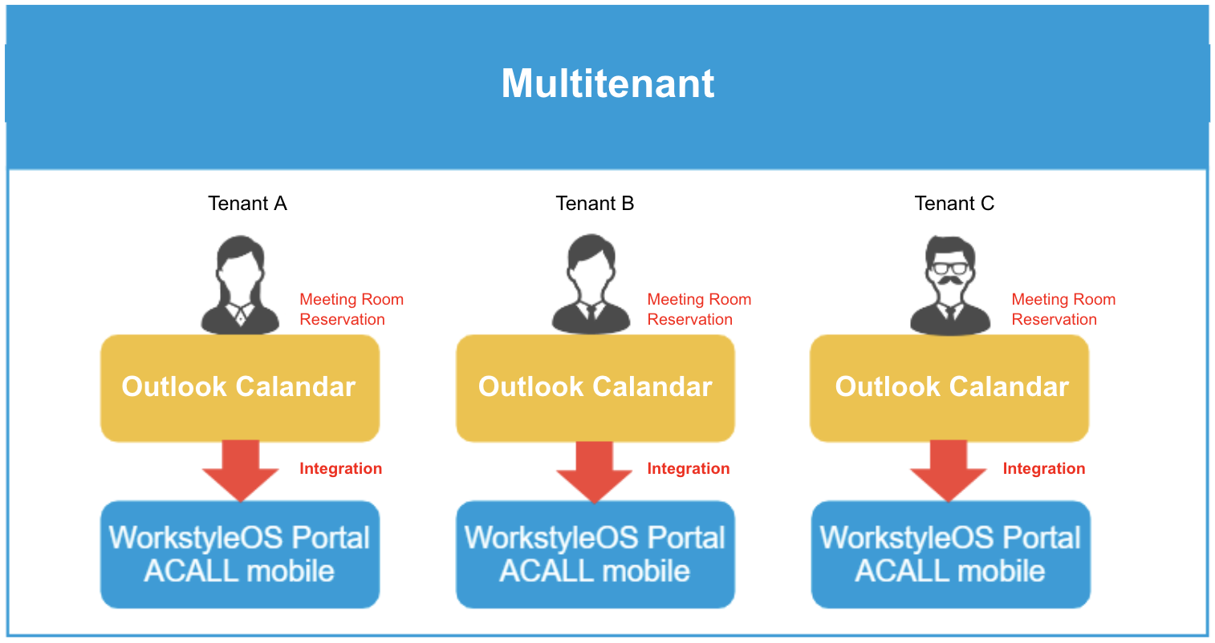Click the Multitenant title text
point(607,83)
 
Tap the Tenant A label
point(247,204)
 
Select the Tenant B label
point(595,204)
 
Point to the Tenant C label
point(955,204)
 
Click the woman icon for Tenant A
point(240,285)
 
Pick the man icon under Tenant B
point(591,285)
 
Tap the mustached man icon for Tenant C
point(950,285)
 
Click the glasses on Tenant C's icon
point(950,268)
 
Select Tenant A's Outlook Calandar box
point(240,388)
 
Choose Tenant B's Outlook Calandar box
point(595,388)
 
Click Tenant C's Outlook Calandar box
point(949,388)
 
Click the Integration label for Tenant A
point(340,468)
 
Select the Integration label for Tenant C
point(1044,468)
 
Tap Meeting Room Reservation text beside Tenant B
point(699,309)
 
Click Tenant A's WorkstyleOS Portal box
point(240,554)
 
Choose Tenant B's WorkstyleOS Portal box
point(595,554)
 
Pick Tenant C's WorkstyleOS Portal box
point(950,554)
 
